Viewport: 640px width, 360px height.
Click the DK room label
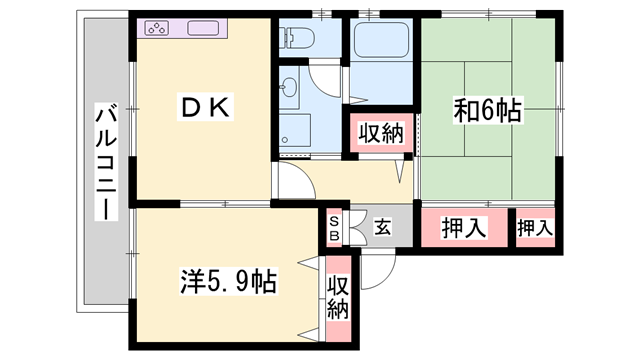205,107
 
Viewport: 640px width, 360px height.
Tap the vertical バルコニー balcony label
105,160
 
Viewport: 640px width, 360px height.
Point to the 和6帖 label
487,111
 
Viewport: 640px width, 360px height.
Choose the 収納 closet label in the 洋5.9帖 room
338,298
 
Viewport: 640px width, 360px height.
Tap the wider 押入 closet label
464,227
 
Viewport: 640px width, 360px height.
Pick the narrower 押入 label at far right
535,227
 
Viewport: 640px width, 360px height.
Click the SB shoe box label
335,229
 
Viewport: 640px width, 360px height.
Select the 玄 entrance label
383,227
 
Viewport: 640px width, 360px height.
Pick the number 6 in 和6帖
487,111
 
